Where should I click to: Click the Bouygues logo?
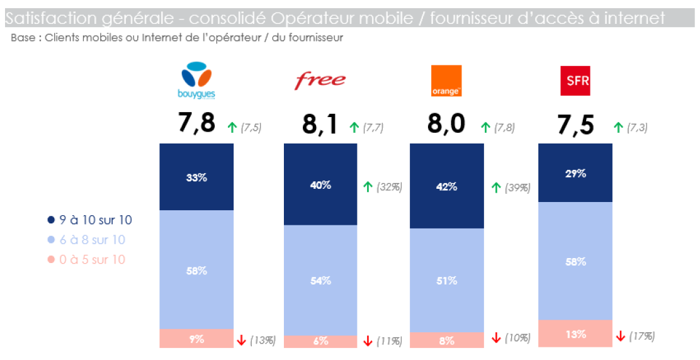tap(198, 81)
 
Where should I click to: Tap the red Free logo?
tap(320, 79)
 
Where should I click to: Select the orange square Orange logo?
tap(446, 81)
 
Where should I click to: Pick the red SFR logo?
tap(575, 81)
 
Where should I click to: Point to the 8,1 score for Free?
tap(320, 125)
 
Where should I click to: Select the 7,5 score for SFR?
tap(575, 125)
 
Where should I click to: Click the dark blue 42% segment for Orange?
tap(446, 186)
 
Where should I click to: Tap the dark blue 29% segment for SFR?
tap(575, 173)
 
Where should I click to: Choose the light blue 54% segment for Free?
tap(320, 280)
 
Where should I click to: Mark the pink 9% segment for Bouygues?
tap(196, 339)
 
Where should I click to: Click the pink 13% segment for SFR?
tap(575, 334)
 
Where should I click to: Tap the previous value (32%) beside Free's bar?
tap(388, 187)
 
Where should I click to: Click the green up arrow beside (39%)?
tap(495, 188)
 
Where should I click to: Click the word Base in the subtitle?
tap(23, 38)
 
